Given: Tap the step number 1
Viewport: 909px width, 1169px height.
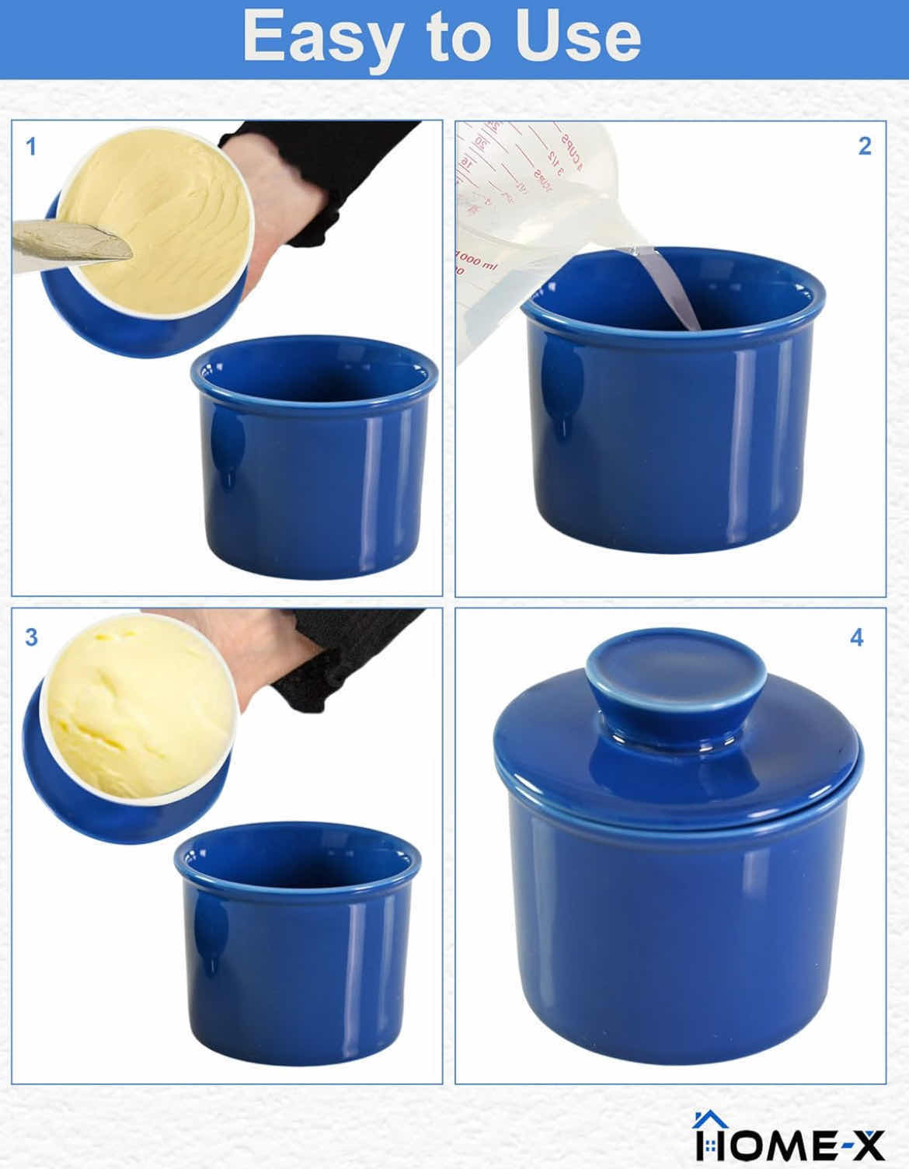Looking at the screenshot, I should pyautogui.click(x=31, y=145).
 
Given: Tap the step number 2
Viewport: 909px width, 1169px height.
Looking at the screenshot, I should pyautogui.click(x=865, y=145).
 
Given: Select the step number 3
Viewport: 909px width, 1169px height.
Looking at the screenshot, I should pyautogui.click(x=31, y=637).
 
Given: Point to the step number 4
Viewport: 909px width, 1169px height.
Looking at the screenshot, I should pyautogui.click(x=857, y=637).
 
